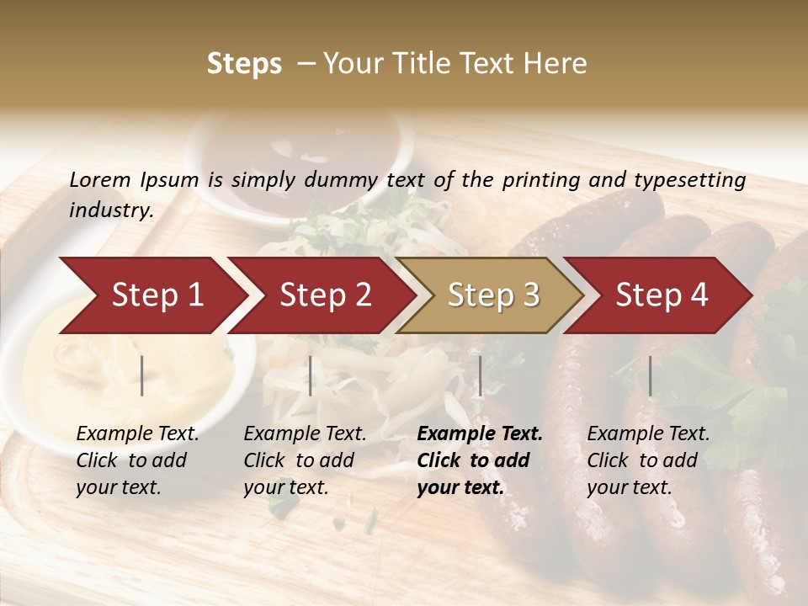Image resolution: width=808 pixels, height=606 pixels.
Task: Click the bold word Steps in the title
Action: pyautogui.click(x=244, y=64)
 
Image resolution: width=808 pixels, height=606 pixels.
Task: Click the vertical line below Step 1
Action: pyautogui.click(x=142, y=375)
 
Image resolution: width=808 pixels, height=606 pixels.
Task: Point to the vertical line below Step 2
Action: pyautogui.click(x=311, y=375)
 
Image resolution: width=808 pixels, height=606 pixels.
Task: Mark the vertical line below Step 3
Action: pyautogui.click(x=480, y=375)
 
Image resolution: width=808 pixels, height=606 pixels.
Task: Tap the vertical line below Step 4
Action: pyautogui.click(x=650, y=375)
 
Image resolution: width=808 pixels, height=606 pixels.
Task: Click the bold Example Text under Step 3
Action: pyautogui.click(x=480, y=460)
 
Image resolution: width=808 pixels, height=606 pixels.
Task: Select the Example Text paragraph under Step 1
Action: pyautogui.click(x=137, y=460)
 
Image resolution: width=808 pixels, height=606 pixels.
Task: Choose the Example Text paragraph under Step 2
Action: pyautogui.click(x=305, y=460)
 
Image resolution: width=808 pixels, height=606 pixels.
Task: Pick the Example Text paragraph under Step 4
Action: pyautogui.click(x=648, y=460)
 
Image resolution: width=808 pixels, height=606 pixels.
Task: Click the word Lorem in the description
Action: pyautogui.click(x=100, y=180)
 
